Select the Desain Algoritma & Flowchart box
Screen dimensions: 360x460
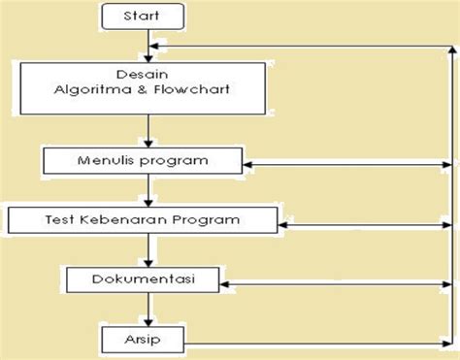coord(147,86)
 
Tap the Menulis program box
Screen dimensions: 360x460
coord(146,158)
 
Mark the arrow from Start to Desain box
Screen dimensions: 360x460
coord(147,46)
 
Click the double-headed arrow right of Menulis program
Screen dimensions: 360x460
coord(347,163)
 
